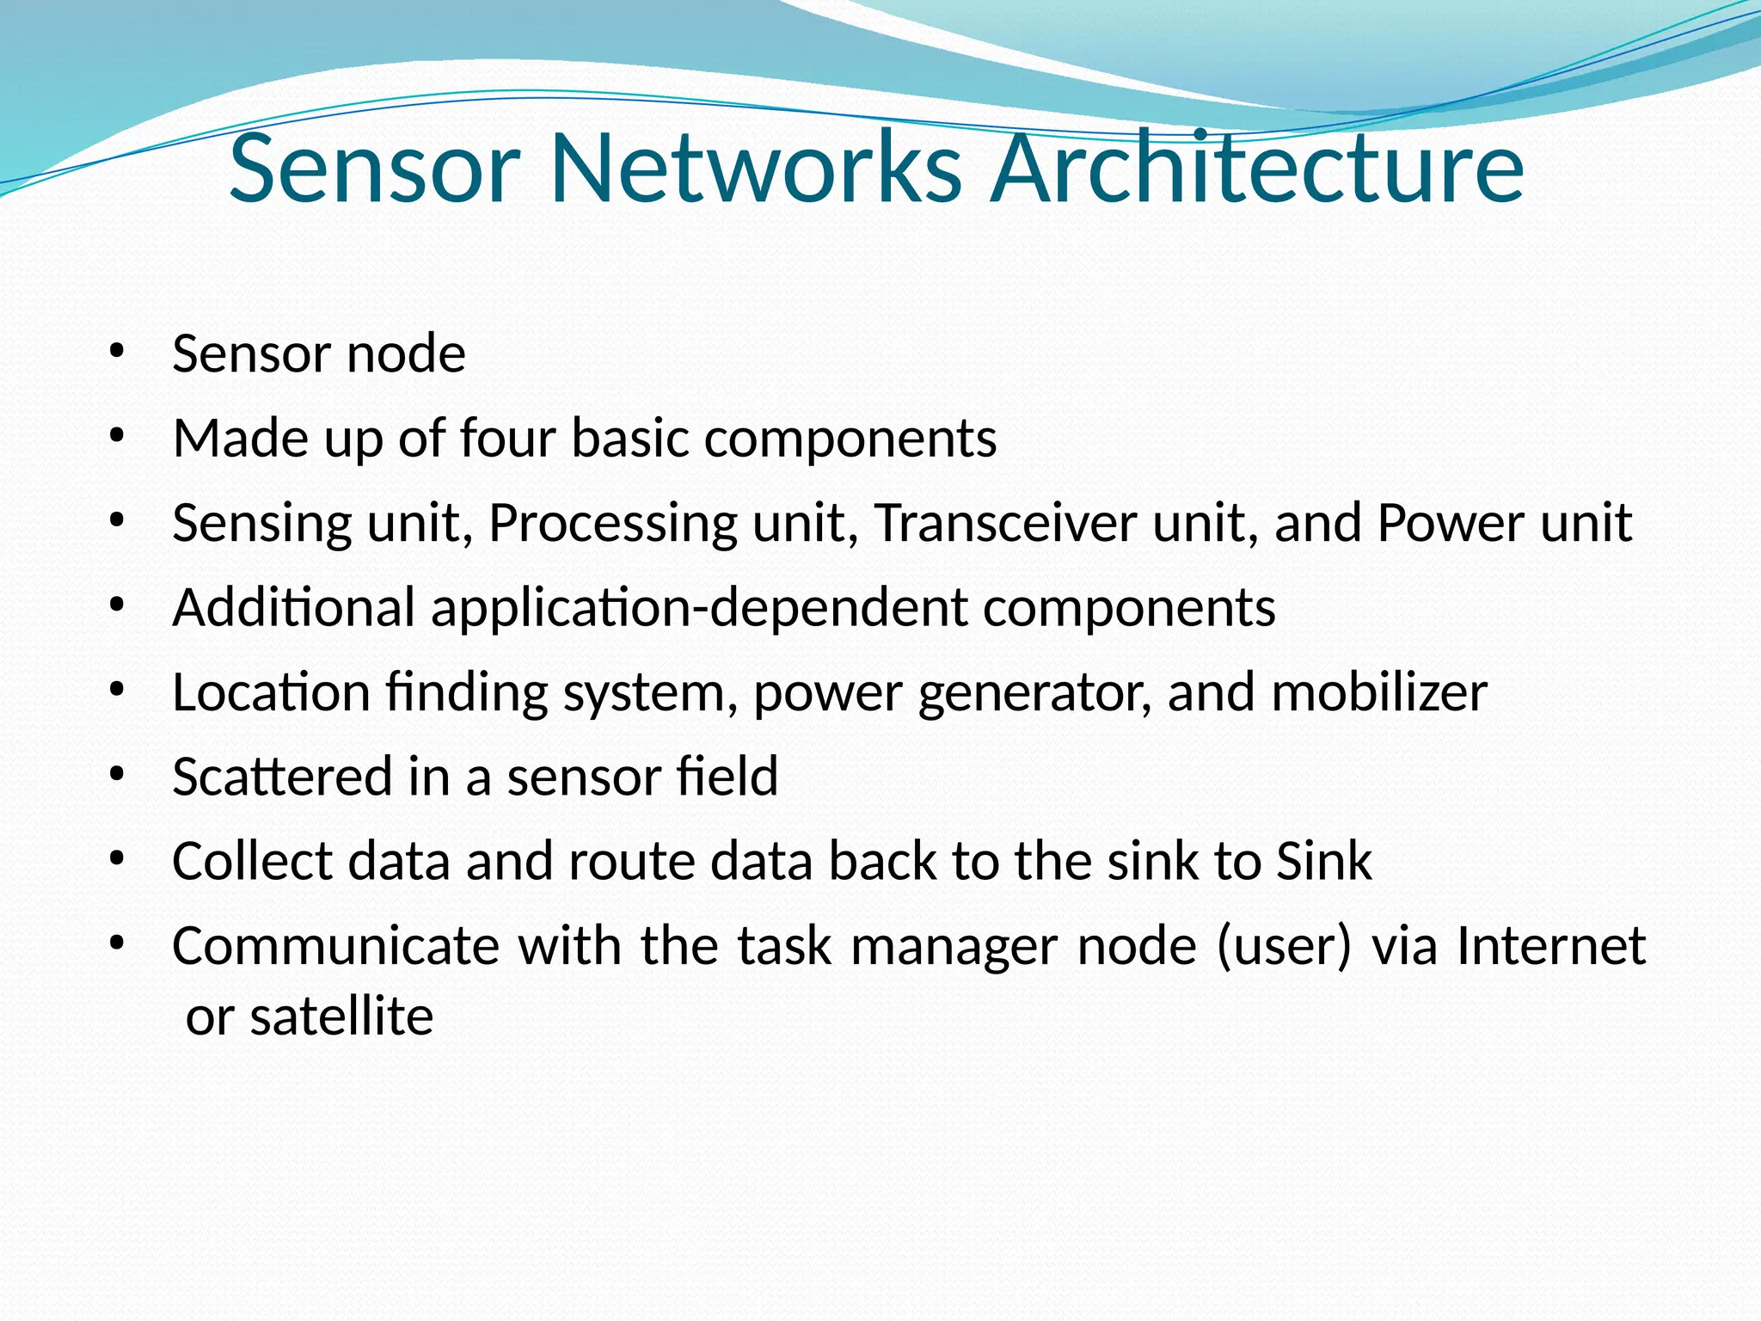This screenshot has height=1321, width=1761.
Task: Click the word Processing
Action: click(613, 524)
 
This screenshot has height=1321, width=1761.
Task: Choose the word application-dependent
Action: click(699, 608)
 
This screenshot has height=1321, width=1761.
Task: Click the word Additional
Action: click(294, 606)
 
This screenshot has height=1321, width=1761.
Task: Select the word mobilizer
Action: click(1379, 691)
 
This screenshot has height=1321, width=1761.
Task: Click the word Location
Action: click(271, 691)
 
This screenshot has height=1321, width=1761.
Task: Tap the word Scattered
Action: click(282, 776)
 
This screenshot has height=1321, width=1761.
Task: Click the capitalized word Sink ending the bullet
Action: click(1324, 860)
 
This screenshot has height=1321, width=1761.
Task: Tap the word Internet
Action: click(1551, 945)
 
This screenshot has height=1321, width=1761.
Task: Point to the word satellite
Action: click(341, 1016)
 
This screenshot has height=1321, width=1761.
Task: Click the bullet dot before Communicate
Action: click(118, 945)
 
